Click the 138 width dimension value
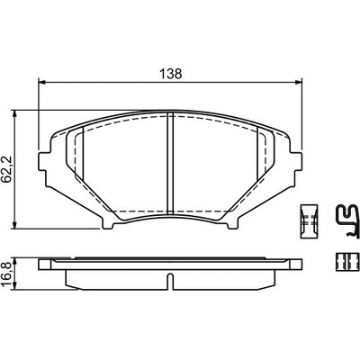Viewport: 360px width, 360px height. coord(171,74)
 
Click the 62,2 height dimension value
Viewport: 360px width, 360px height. coord(7,169)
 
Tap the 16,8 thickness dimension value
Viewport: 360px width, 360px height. coord(7,274)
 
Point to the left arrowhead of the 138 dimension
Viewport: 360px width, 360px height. coord(42,82)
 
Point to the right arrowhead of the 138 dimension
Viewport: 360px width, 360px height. coord(298,82)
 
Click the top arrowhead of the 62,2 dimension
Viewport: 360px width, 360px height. coord(14,113)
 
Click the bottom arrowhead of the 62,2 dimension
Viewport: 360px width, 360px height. coord(14,225)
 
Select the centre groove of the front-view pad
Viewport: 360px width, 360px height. coord(170,163)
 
